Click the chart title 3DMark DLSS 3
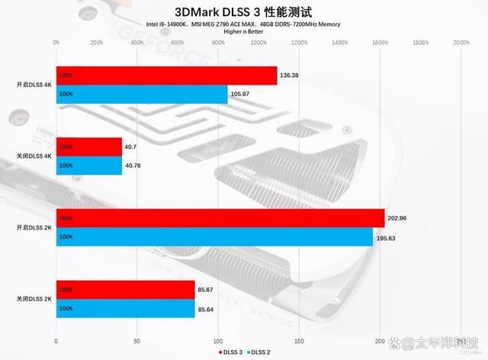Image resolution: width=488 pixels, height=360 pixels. (244, 11)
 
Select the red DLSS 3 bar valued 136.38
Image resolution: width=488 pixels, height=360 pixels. (166, 76)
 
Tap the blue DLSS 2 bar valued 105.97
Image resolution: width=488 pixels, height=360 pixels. (142, 94)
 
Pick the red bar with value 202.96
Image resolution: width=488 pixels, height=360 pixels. (220, 217)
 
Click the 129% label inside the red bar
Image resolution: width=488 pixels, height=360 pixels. (66, 76)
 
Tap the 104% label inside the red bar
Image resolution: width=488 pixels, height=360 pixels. (66, 218)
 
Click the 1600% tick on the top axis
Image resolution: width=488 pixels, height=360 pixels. (380, 43)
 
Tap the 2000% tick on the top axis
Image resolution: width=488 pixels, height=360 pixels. (461, 43)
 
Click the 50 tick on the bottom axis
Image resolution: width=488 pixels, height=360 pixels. (137, 340)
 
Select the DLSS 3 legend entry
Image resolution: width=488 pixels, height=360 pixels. (231, 352)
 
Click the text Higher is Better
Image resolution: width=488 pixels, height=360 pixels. (244, 33)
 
